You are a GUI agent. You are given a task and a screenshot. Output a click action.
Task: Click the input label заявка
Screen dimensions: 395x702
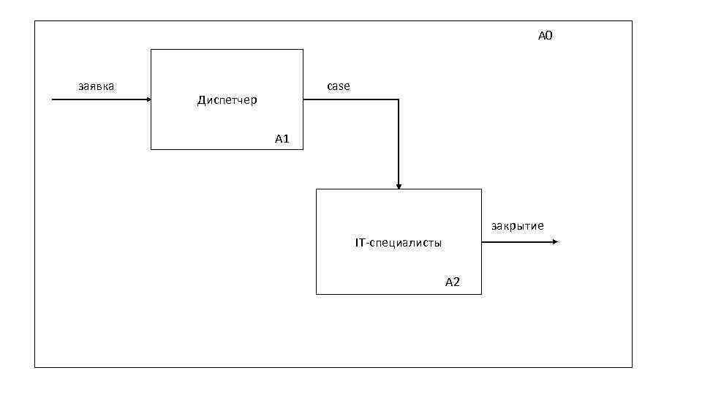tap(96, 86)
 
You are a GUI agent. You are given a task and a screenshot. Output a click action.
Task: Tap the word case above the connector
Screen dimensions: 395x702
tap(338, 86)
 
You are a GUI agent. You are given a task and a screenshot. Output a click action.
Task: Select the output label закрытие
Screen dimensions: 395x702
tap(517, 226)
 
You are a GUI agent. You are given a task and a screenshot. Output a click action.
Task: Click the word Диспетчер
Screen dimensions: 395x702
tap(227, 100)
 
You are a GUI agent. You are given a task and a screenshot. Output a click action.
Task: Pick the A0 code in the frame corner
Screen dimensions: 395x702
tap(546, 35)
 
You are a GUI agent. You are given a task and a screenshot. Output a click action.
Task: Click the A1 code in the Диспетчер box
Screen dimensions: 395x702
tap(283, 138)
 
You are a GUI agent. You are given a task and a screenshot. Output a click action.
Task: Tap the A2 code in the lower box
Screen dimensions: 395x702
tap(453, 282)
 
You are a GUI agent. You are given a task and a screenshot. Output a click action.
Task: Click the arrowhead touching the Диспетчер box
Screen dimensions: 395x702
tap(148, 99)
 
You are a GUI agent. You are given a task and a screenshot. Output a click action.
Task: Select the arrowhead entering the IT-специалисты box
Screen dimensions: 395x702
tap(399, 187)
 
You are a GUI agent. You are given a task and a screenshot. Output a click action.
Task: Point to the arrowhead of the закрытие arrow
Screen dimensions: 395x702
tap(556, 241)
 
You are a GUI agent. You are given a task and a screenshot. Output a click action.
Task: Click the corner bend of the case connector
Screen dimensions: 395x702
tap(399, 99)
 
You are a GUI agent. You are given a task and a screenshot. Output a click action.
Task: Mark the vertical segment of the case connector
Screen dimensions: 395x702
tap(399, 143)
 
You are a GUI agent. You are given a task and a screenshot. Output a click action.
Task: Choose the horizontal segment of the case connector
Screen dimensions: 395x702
tap(351, 99)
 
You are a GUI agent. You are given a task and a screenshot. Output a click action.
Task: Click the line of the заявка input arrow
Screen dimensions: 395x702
tap(99, 99)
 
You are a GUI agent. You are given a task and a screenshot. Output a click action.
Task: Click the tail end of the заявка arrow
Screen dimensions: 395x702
tap(53, 99)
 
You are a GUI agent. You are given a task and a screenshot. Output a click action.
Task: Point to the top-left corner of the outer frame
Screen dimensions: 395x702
tap(35, 21)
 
